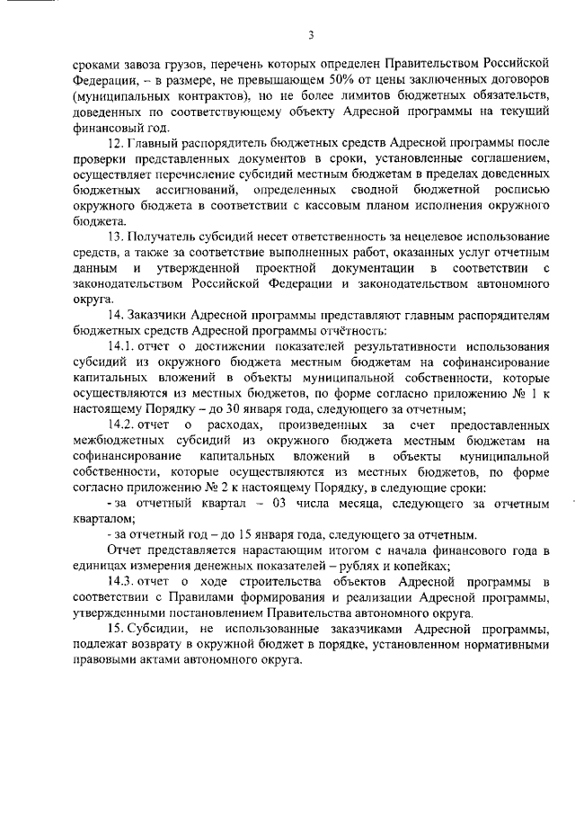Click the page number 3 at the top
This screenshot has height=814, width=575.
(310, 35)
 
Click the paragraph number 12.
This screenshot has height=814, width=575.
(114, 142)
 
